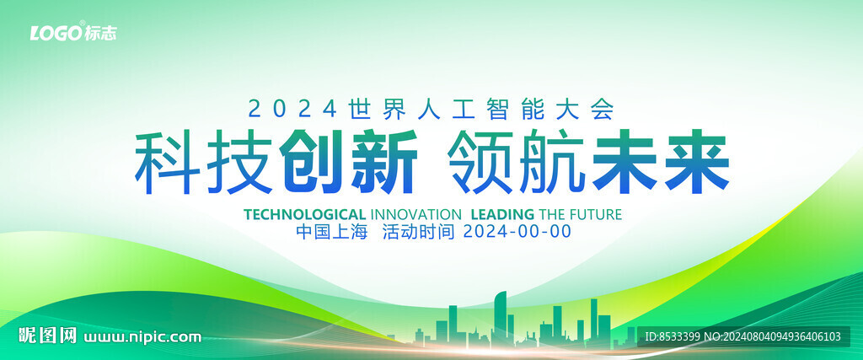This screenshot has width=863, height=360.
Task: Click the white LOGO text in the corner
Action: pyautogui.click(x=56, y=33)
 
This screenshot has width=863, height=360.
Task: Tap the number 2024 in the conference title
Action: pyautogui.click(x=292, y=109)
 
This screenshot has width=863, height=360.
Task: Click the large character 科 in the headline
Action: pyautogui.click(x=168, y=162)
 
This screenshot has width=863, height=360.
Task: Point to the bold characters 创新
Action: pyautogui.click(x=348, y=162)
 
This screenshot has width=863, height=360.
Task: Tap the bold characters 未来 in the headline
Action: pyautogui.click(x=661, y=162)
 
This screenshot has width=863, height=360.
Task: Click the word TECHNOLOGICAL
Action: pyautogui.click(x=304, y=214)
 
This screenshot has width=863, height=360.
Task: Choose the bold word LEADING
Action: pyautogui.click(x=503, y=214)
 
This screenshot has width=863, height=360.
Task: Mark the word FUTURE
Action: pyautogui.click(x=597, y=214)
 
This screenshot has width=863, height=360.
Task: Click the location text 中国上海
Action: pyautogui.click(x=331, y=232)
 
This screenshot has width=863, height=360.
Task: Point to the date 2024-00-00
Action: pyautogui.click(x=517, y=232)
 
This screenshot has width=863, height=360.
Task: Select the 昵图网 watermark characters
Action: pyautogui.click(x=48, y=336)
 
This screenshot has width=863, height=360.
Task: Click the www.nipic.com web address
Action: pyautogui.click(x=142, y=336)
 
